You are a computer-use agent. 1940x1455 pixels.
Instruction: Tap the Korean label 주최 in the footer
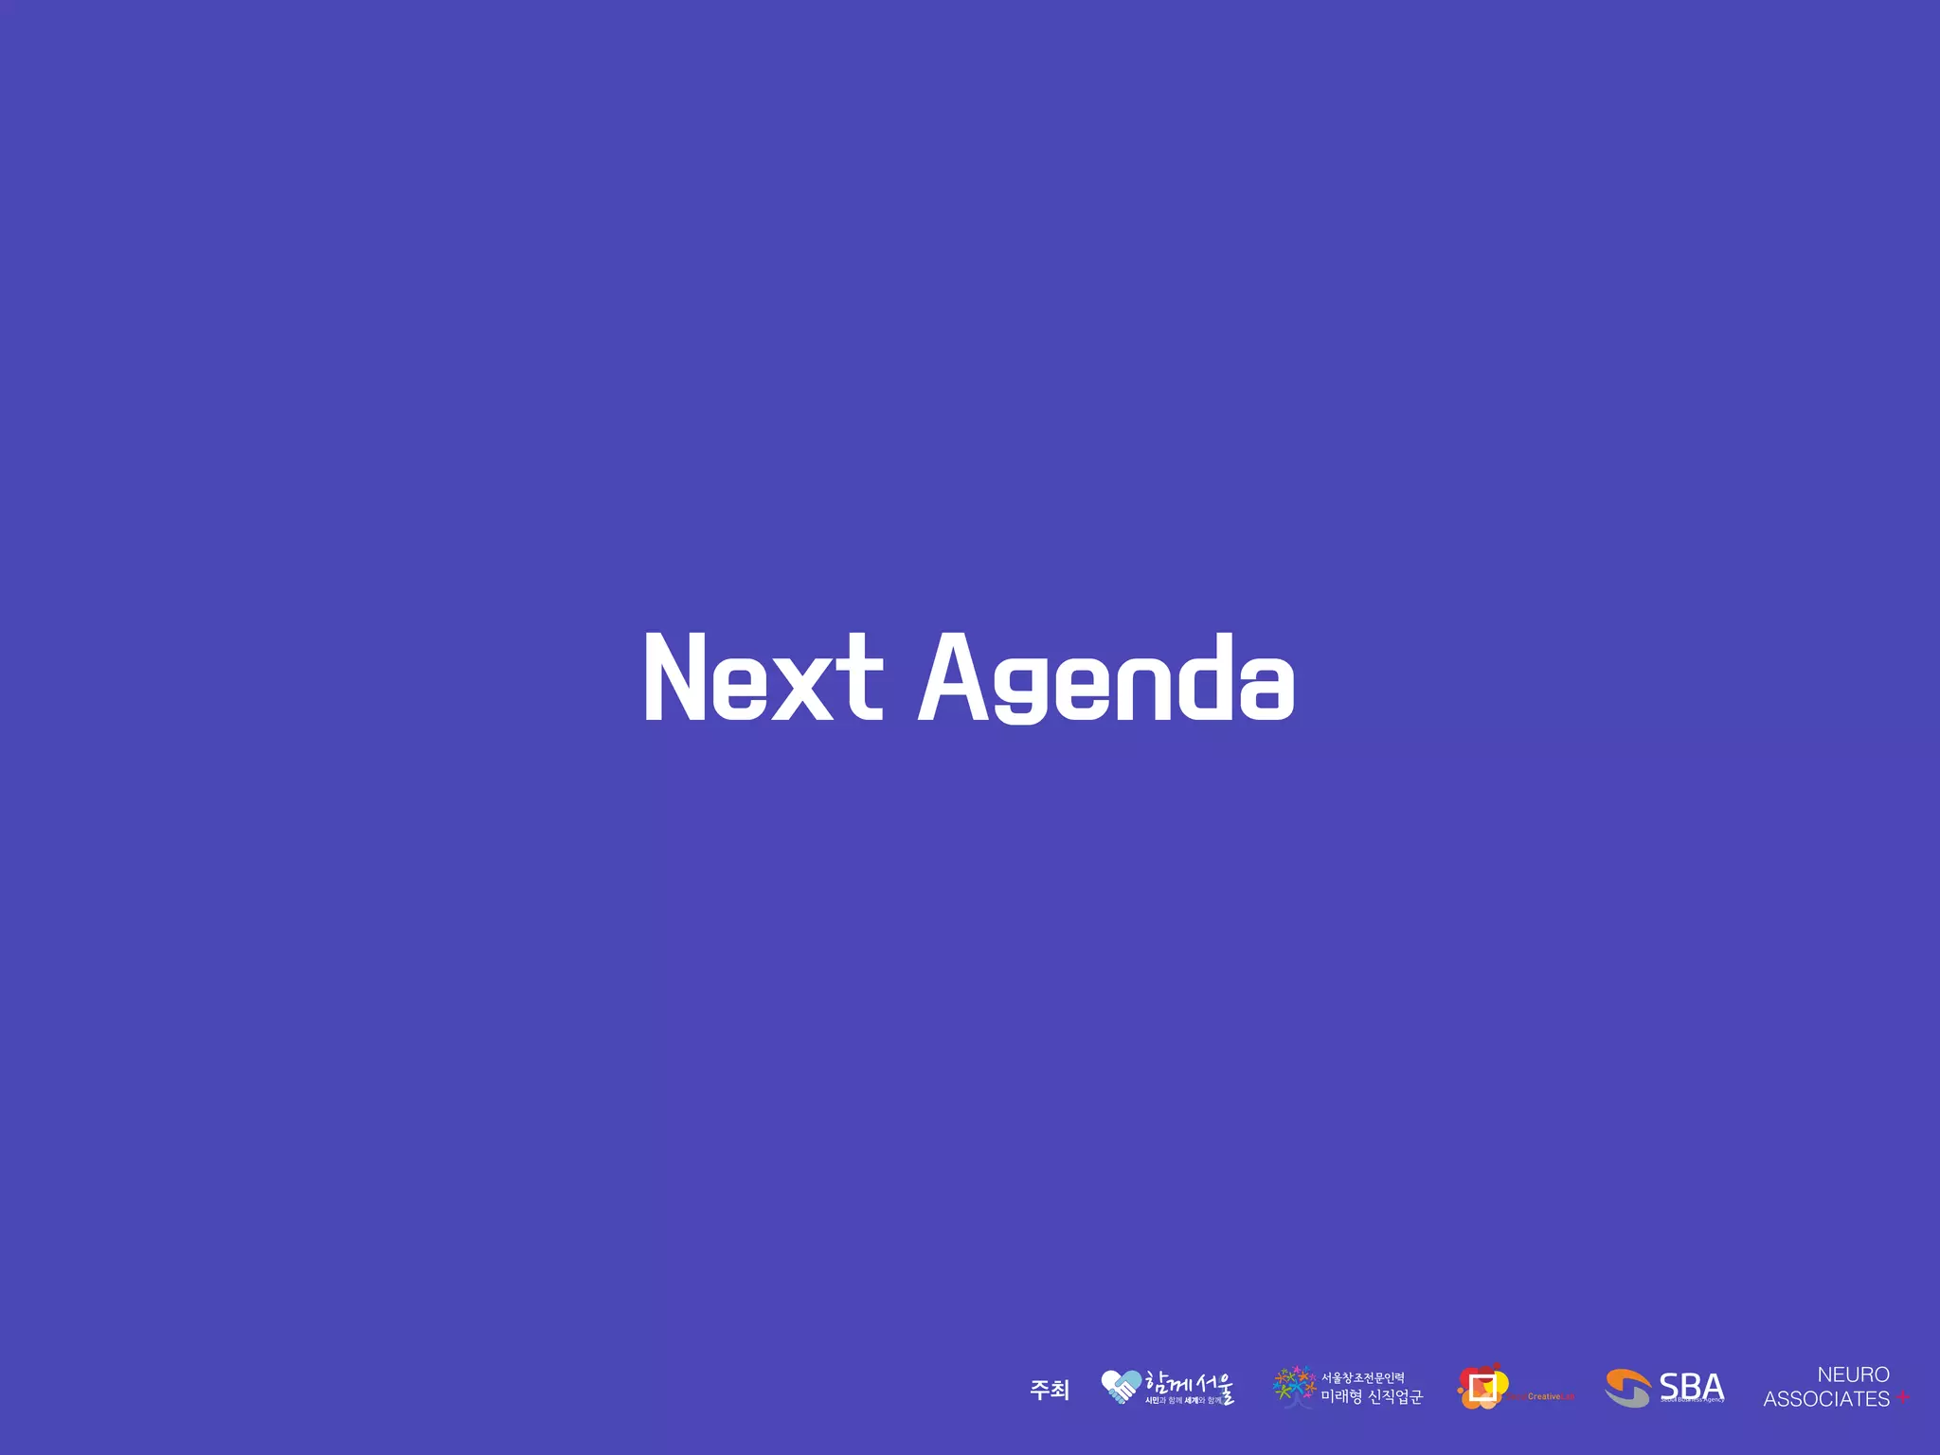tap(1050, 1390)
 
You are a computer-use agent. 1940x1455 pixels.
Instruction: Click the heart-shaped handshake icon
tap(1121, 1387)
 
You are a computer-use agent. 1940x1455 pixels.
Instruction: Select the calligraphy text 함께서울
tap(1190, 1383)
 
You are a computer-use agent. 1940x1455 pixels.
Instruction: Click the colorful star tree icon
tap(1294, 1386)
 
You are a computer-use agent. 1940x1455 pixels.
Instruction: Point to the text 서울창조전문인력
tap(1363, 1377)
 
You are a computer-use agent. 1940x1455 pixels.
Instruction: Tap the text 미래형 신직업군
tap(1372, 1397)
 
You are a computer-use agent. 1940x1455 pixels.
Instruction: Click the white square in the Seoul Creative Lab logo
tap(1482, 1388)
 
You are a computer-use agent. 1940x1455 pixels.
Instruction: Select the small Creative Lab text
tap(1549, 1397)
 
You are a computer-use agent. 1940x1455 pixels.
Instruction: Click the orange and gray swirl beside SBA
tap(1628, 1389)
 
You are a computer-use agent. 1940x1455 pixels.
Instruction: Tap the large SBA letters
tap(1692, 1386)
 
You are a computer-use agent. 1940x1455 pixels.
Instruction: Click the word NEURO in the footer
tap(1853, 1374)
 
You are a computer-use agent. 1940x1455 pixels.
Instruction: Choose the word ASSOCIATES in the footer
tap(1825, 1399)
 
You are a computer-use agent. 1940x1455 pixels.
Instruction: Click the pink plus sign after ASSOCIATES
tap(1902, 1398)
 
